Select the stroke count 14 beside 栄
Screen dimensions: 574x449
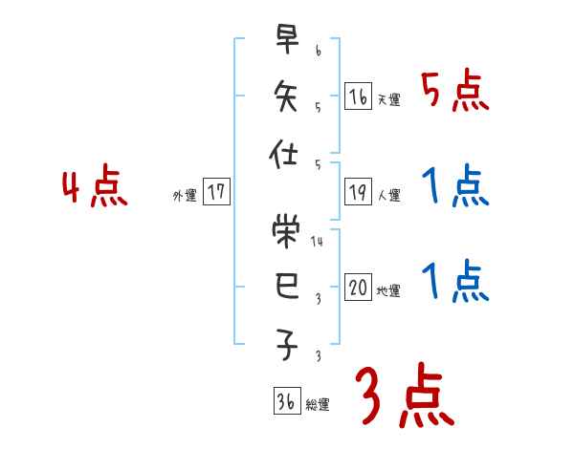pos(318,243)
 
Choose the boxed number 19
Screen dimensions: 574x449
pos(358,192)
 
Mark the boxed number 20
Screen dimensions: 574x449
pos(358,289)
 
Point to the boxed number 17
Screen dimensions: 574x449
pos(216,192)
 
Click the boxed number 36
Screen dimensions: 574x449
pos(285,402)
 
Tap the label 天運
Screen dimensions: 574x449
pos(388,99)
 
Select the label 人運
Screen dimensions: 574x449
pos(388,196)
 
